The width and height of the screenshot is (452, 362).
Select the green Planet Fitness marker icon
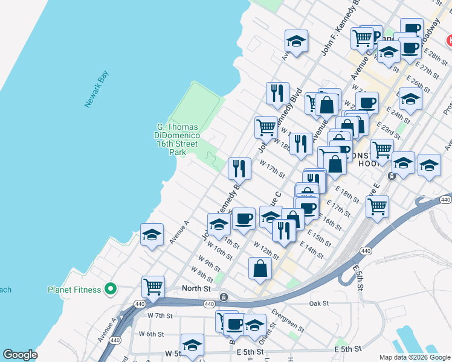click(x=110, y=290)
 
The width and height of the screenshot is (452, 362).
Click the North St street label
click(x=196, y=289)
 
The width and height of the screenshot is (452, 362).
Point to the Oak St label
click(x=319, y=303)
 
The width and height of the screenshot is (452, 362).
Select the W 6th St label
click(x=151, y=334)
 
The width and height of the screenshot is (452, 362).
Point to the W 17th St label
click(x=273, y=169)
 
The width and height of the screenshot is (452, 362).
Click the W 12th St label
click(x=266, y=251)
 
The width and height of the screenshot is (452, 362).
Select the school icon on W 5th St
click(x=192, y=345)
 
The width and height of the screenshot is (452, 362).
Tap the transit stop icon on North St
click(x=224, y=297)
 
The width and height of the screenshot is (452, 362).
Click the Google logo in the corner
click(x=20, y=355)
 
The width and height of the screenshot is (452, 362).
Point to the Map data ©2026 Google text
click(x=414, y=357)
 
